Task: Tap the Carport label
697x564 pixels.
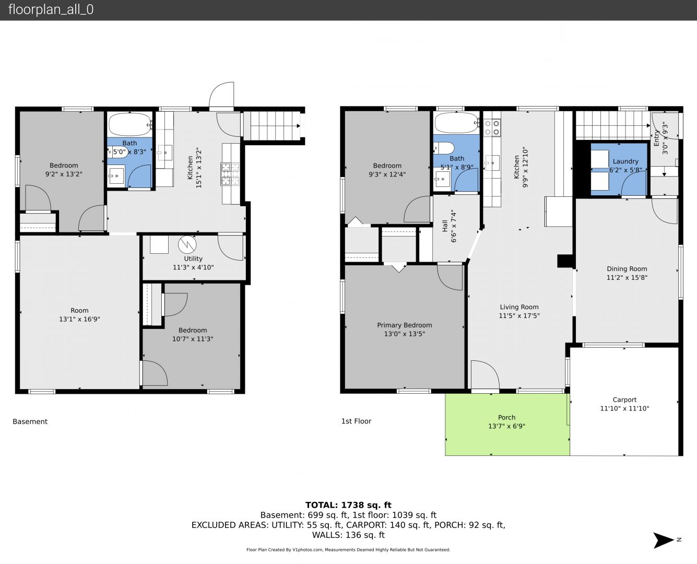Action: point(624,399)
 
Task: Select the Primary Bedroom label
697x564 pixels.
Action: point(405,325)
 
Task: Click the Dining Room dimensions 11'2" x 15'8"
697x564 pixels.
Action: point(627,278)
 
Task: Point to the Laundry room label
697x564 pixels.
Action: point(625,161)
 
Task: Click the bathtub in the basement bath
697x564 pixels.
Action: point(130,124)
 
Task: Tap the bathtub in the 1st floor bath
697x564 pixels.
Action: point(456,123)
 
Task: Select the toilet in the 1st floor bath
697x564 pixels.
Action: point(444,148)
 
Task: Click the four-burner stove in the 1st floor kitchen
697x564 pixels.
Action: point(492,128)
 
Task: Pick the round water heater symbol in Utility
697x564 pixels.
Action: point(187,244)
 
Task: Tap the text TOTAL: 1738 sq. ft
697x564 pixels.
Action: point(348,505)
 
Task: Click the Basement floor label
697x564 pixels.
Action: point(30,421)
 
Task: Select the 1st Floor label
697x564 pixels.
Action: point(357,421)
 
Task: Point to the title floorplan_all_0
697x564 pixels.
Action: point(51,9)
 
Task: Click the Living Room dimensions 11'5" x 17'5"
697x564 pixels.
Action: point(519,316)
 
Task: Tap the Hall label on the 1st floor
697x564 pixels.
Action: point(445,226)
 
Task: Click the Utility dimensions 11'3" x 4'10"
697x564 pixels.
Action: point(193,267)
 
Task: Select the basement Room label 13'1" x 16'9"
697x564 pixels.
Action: point(79,314)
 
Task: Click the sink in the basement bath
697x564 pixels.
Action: point(116,177)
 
